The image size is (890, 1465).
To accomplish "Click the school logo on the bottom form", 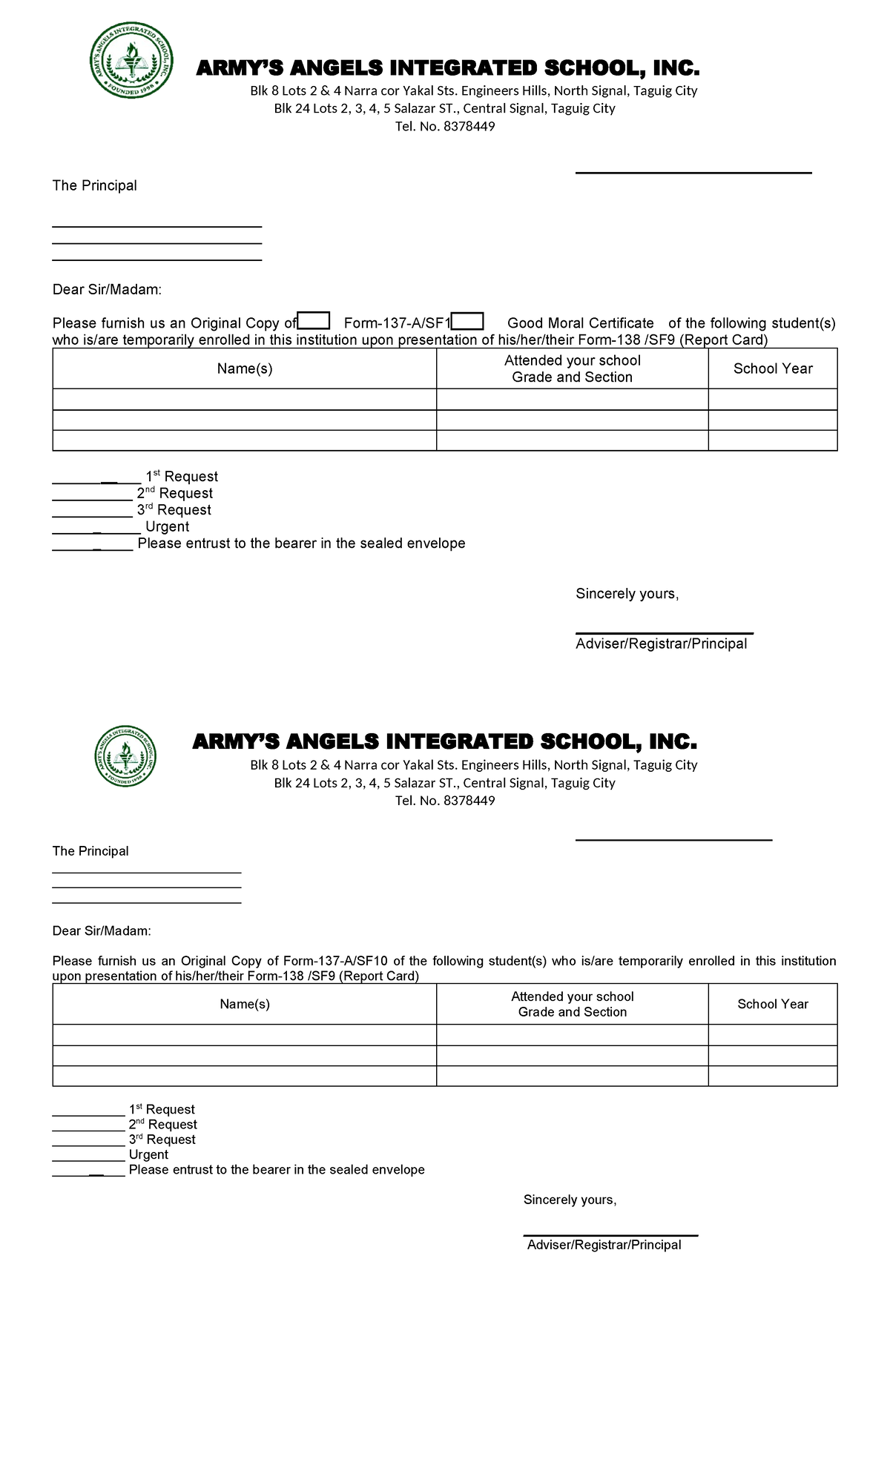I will [125, 755].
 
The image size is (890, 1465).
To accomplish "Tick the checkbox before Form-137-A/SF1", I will [314, 321].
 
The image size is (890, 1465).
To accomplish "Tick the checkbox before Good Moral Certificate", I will [468, 321].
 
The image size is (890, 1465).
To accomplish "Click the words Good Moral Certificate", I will [580, 323].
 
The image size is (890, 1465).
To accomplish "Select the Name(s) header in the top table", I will [245, 368].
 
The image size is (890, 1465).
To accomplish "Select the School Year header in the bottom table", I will [772, 1004].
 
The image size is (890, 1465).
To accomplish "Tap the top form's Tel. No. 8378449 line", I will [445, 126].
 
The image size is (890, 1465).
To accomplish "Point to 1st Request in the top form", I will [182, 477].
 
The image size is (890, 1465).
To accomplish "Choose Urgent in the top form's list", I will [167, 526].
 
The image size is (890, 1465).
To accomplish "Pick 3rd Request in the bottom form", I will [162, 1140].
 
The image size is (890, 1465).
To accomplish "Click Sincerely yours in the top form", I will [627, 594].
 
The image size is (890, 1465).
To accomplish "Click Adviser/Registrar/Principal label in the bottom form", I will [604, 1245].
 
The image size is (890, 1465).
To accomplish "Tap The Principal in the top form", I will [94, 185].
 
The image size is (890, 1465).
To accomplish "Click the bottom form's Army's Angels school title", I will [444, 742].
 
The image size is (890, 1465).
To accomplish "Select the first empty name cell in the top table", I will [245, 400].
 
